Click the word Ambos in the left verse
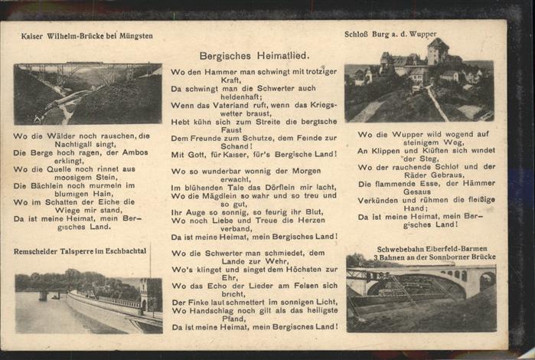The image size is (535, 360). point(134,152)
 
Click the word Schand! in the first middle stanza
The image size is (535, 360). point(235,146)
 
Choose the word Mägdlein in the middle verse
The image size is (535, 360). point(228,195)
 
